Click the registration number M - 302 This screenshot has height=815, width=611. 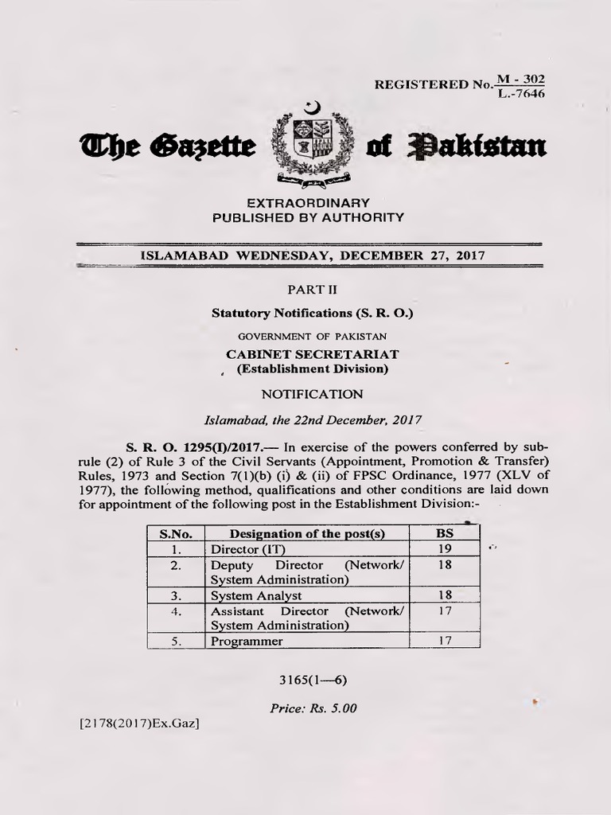point(521,79)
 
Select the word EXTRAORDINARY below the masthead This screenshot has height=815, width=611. point(308,202)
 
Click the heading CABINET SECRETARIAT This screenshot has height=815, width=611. point(313,353)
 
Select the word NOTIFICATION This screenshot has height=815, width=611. point(313,394)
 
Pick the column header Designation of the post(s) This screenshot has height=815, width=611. point(307,534)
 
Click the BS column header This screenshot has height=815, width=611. point(445,534)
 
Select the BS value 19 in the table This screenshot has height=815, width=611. point(445,549)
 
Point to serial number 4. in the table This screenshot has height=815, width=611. point(177,611)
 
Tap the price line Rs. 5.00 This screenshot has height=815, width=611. point(313,708)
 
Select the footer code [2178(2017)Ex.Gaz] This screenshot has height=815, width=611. point(139,723)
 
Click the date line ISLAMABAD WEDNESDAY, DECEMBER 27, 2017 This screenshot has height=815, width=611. point(313,255)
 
